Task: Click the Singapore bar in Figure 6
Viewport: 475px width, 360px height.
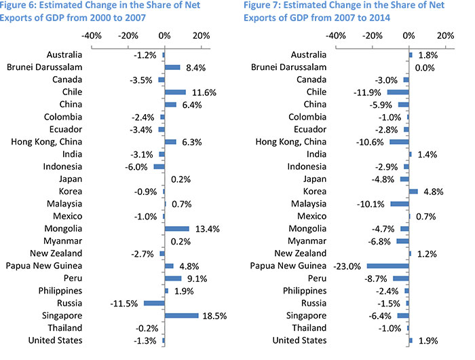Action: coord(181,315)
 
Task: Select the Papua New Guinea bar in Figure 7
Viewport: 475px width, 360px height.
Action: coord(387,266)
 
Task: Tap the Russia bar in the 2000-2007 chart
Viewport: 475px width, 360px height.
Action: coord(153,303)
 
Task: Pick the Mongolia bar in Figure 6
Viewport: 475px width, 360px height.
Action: coord(176,228)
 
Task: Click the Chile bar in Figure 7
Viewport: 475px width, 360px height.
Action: coord(398,92)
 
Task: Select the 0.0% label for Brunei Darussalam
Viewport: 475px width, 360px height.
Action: coord(424,67)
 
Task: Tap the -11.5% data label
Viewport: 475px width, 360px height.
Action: coord(123,303)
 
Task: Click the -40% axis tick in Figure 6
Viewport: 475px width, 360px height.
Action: coord(92,35)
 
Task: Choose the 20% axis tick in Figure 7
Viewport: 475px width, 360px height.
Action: coord(444,35)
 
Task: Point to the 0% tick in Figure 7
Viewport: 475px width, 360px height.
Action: coord(408,35)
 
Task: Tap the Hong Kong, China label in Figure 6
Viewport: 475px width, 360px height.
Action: coord(47,141)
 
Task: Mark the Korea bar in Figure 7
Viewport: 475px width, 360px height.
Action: coord(413,192)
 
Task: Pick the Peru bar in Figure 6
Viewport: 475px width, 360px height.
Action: coord(173,278)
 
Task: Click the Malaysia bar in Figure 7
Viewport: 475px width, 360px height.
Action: coord(400,204)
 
